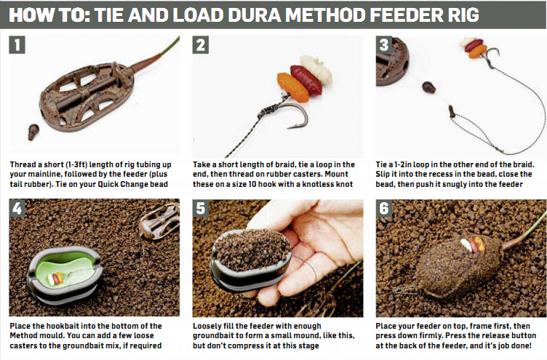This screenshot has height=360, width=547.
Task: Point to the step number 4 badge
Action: point(17,211)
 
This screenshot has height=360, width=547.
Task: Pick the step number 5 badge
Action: point(201,211)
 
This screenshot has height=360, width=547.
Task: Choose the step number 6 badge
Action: point(385,211)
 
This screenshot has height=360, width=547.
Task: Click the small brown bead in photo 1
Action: point(33,132)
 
